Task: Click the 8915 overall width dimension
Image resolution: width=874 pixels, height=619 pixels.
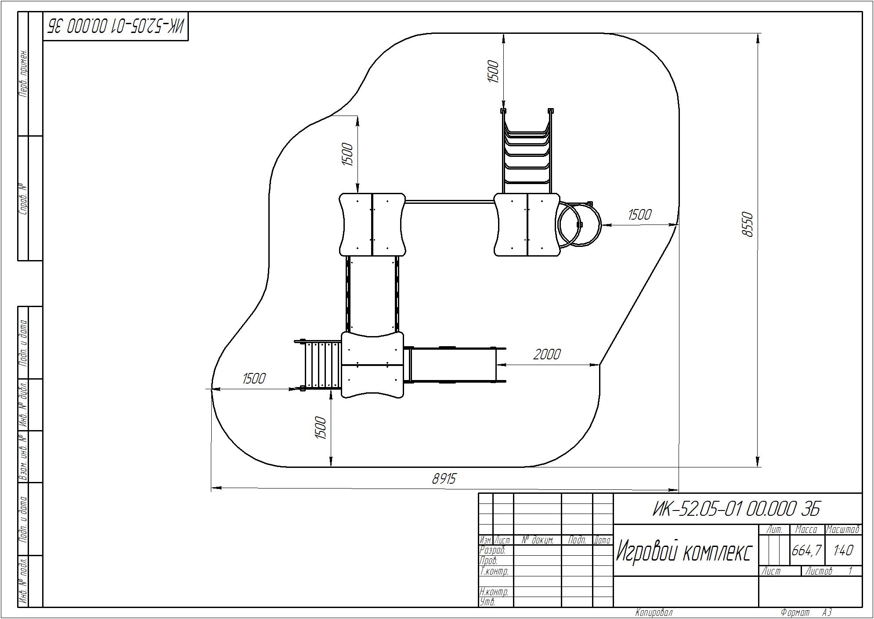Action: tap(444, 478)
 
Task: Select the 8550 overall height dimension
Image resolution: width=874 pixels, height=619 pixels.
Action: tap(747, 225)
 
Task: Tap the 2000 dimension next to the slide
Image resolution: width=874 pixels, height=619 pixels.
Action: tap(547, 354)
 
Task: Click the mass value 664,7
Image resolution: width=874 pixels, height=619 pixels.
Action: tap(806, 550)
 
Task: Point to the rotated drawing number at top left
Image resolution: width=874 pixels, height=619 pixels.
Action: tap(116, 26)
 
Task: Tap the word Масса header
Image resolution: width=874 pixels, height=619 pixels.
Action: tap(806, 529)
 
